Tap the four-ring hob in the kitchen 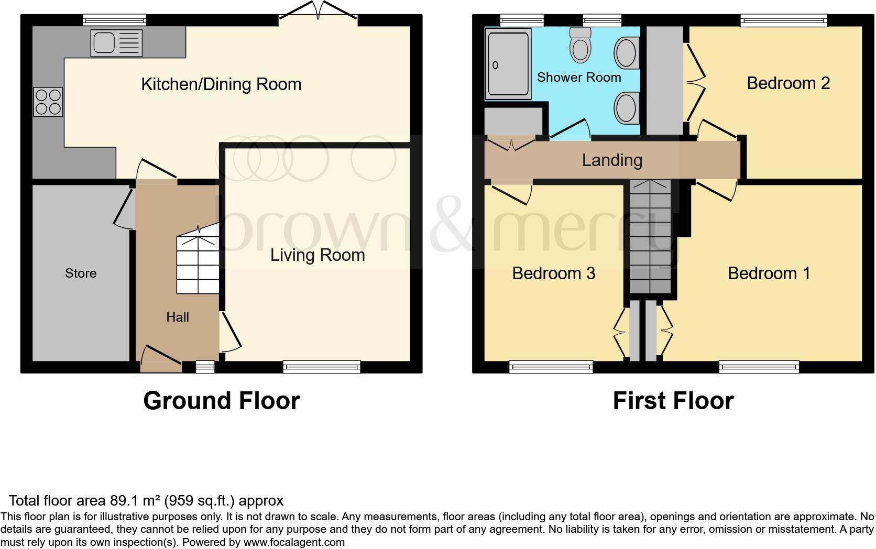point(48,102)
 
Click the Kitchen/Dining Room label point(221,84)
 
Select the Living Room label point(317,255)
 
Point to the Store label point(81,273)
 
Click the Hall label point(178,317)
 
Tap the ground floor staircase point(198,265)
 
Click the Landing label point(612,160)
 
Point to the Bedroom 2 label point(788,83)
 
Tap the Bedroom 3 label point(553,273)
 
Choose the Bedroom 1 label point(769,273)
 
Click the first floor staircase point(650,236)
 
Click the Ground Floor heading point(221,401)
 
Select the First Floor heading point(673,401)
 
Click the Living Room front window point(322,367)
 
